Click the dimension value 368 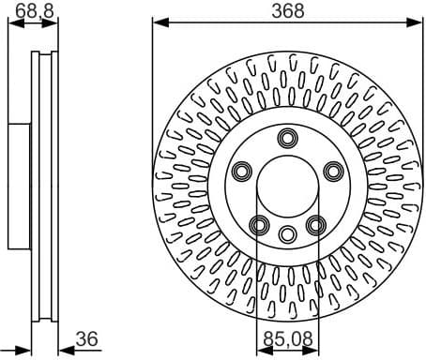(x=287, y=12)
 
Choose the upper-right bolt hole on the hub (x=332, y=171)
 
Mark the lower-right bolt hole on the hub (x=315, y=224)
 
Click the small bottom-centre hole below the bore (x=287, y=232)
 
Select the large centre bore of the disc (x=287, y=187)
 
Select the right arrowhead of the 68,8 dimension (x=51, y=22)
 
